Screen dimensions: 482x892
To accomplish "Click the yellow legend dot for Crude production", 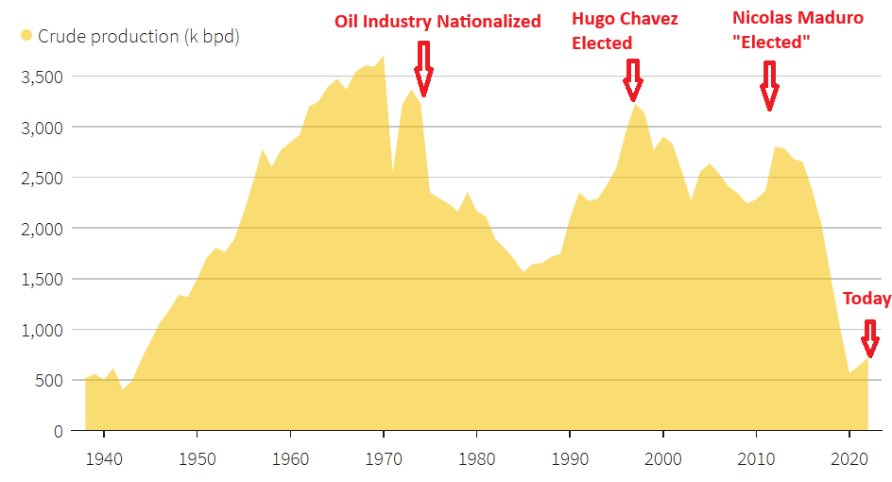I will click(26, 37).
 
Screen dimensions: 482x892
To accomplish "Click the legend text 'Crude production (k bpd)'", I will click(138, 37).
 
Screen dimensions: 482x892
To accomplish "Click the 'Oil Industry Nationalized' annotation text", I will click(437, 21).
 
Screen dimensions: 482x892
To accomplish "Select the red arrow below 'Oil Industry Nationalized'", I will click(422, 69).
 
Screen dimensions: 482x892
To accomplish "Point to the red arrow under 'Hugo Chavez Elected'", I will click(632, 79).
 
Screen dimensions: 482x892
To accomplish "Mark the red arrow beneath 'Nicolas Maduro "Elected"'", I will click(769, 86).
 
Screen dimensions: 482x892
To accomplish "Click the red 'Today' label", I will click(866, 299).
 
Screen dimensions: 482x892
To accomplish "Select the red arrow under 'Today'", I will click(869, 336).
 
